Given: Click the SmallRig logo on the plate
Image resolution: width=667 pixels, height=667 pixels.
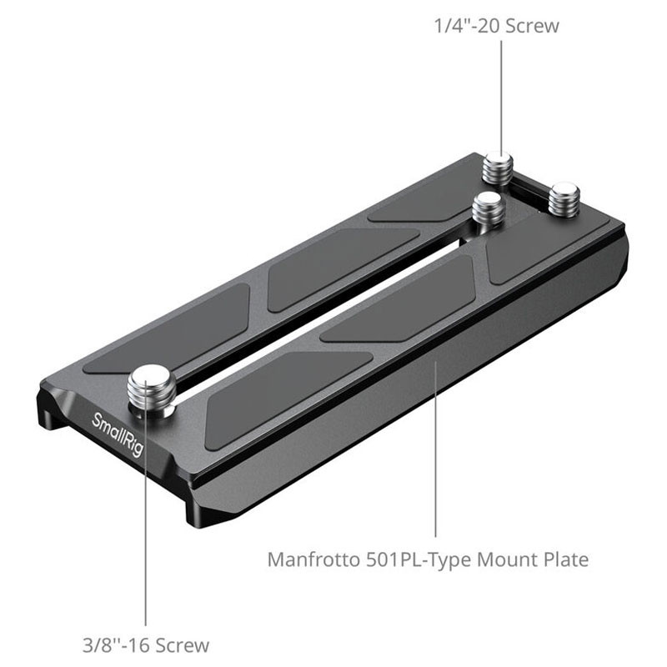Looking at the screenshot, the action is (118, 434).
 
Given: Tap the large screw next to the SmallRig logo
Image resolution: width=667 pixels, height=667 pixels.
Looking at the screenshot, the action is (151, 390).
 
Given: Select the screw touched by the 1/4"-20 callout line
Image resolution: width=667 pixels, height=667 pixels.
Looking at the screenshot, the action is (498, 168).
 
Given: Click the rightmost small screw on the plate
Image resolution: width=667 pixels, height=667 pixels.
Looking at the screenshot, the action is (564, 199).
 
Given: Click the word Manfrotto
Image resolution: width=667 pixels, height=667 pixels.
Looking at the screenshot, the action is (314, 559).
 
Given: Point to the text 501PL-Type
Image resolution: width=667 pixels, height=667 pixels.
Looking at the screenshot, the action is (419, 560).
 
